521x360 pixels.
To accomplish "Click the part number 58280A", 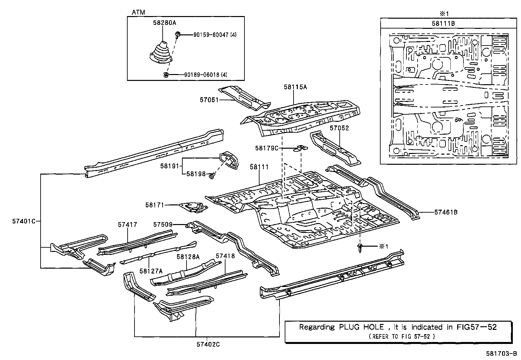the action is pyautogui.click(x=164, y=23).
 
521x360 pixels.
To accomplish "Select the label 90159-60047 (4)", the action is pyautogui.click(x=215, y=35).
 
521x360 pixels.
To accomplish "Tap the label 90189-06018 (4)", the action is pyautogui.click(x=206, y=75).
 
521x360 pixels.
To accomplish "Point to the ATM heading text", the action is pyautogui.click(x=138, y=12).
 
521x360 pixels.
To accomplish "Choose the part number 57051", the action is pyautogui.click(x=209, y=100).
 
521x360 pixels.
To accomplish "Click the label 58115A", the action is pyautogui.click(x=296, y=87).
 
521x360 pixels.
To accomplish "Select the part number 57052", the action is pyautogui.click(x=339, y=128).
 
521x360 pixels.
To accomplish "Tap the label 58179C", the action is pyautogui.click(x=267, y=148).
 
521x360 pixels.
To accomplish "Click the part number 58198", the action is pyautogui.click(x=196, y=174).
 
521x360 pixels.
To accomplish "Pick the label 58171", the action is pyautogui.click(x=155, y=205).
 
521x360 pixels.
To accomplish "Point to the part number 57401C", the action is pyautogui.click(x=24, y=221).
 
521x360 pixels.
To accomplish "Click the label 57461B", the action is pyautogui.click(x=446, y=212).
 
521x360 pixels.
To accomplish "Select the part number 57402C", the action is pyautogui.click(x=208, y=344).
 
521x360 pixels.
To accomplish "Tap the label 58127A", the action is pyautogui.click(x=151, y=271).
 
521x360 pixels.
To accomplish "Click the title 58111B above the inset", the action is pyautogui.click(x=443, y=24).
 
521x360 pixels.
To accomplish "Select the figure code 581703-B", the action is pyautogui.click(x=501, y=354).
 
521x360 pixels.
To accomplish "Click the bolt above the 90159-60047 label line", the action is pyautogui.click(x=178, y=35).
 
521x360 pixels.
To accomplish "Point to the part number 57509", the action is pyautogui.click(x=163, y=224).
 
